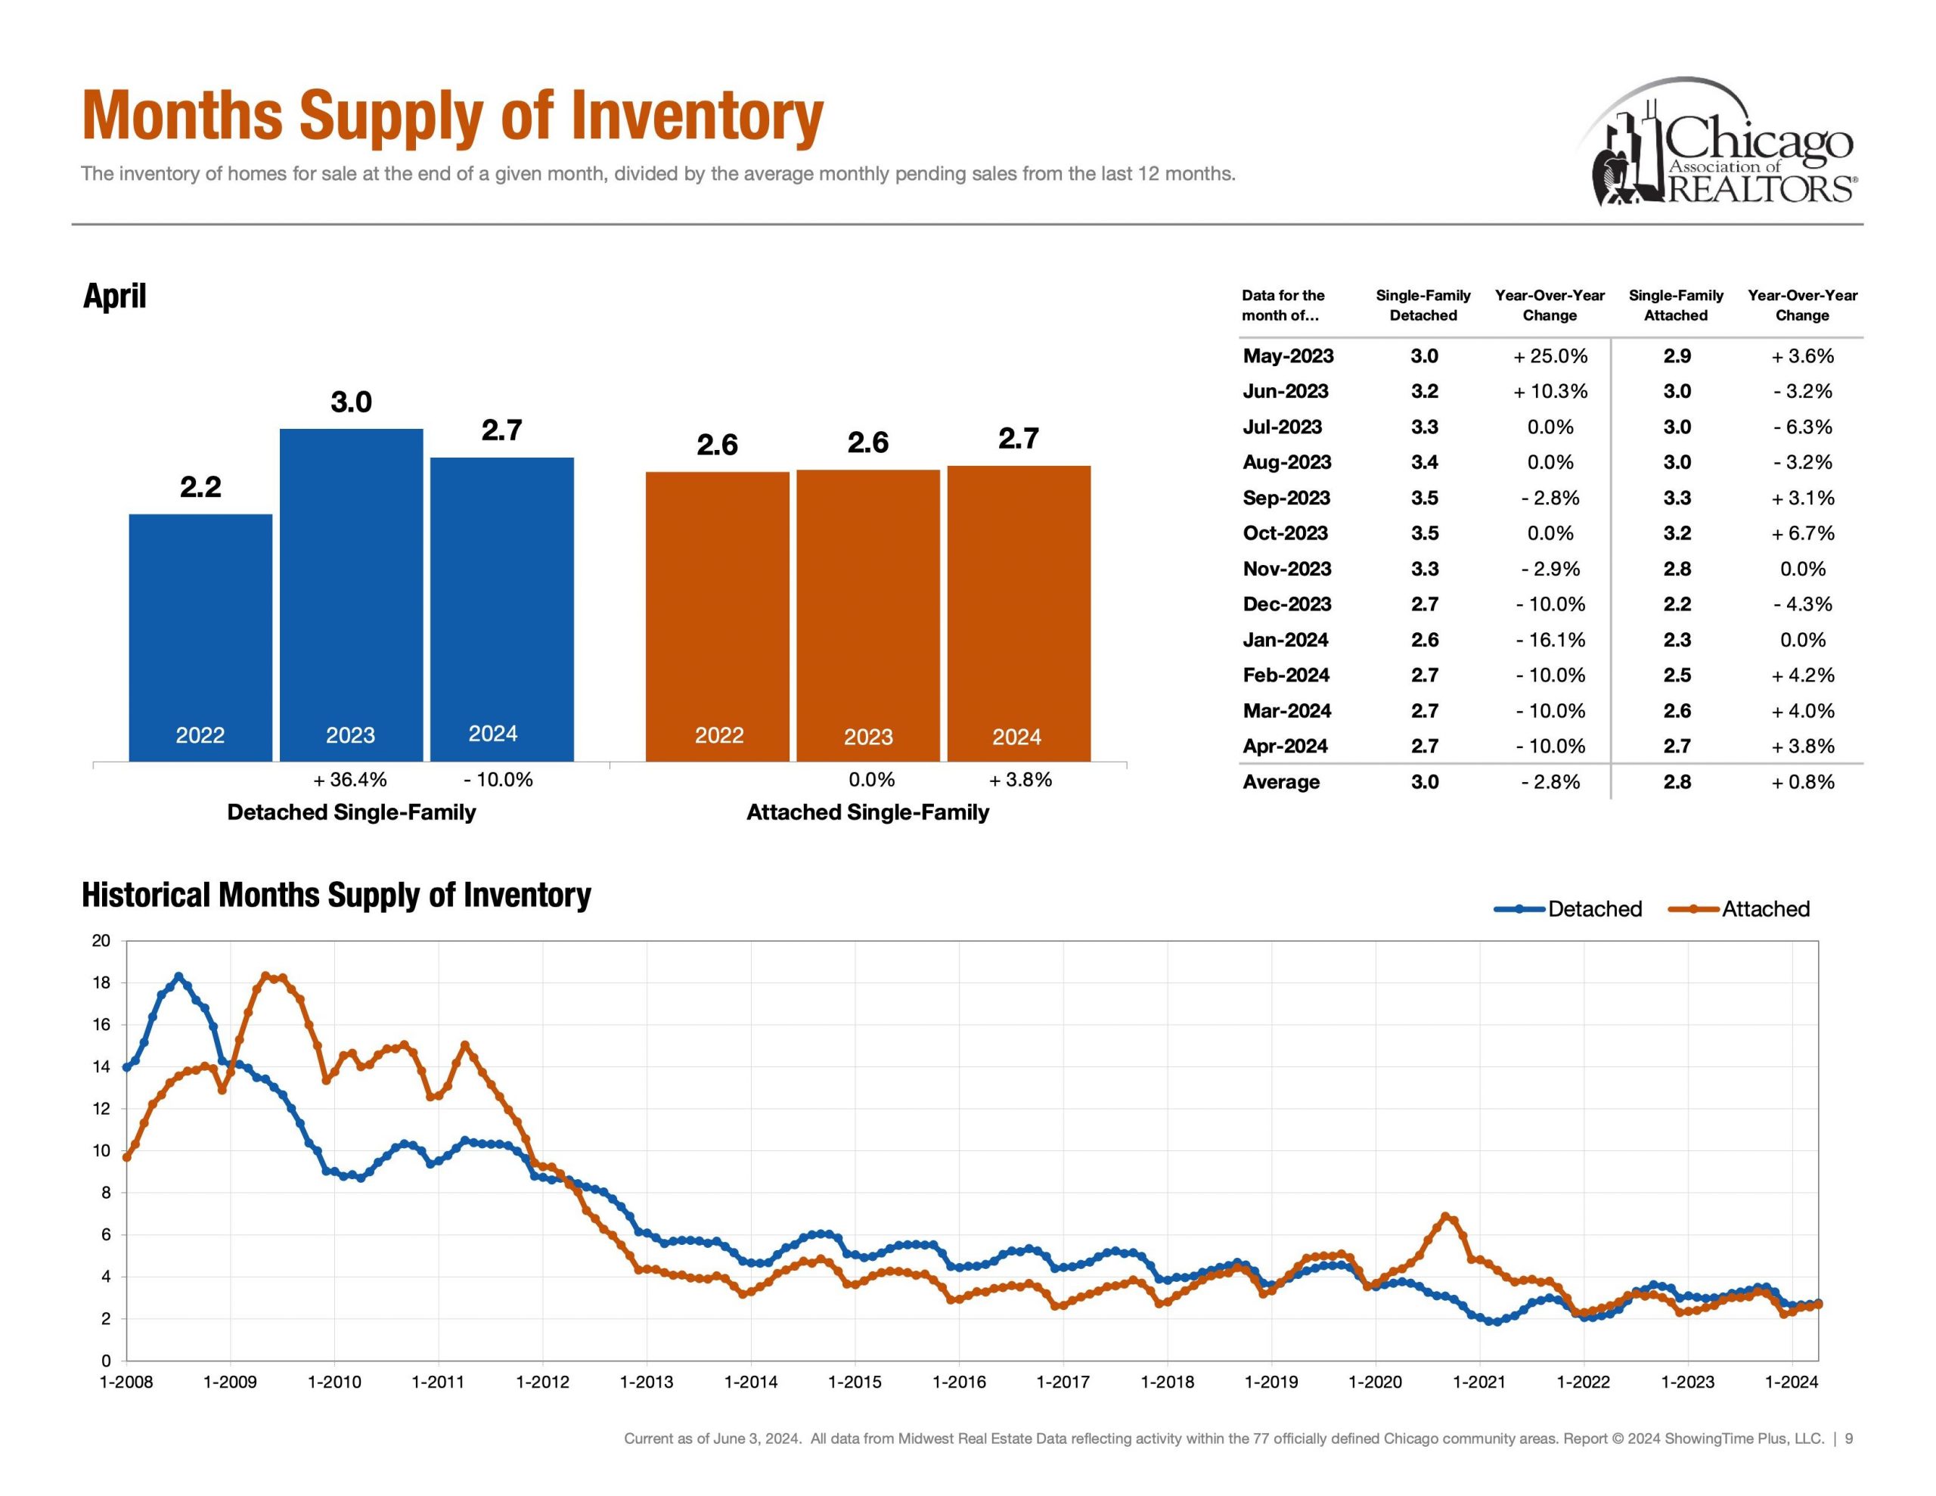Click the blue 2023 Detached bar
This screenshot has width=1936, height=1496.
click(351, 594)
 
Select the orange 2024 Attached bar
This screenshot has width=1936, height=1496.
click(1019, 613)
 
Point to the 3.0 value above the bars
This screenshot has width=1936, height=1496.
click(351, 402)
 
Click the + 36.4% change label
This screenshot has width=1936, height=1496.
click(350, 780)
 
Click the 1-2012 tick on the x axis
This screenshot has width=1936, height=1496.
click(542, 1382)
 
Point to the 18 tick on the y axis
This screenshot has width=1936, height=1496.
click(101, 982)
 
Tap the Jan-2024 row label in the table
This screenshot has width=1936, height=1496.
click(1286, 639)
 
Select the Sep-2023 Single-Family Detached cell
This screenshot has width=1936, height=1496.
click(1425, 498)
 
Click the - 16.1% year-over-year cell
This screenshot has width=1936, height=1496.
click(1550, 639)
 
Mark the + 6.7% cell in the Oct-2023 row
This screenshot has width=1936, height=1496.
click(1802, 533)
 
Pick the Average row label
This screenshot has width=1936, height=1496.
click(1281, 781)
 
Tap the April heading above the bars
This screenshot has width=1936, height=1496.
click(114, 295)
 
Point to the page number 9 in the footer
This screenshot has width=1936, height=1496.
click(1848, 1439)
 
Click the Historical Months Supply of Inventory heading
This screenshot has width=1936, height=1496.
click(336, 895)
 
